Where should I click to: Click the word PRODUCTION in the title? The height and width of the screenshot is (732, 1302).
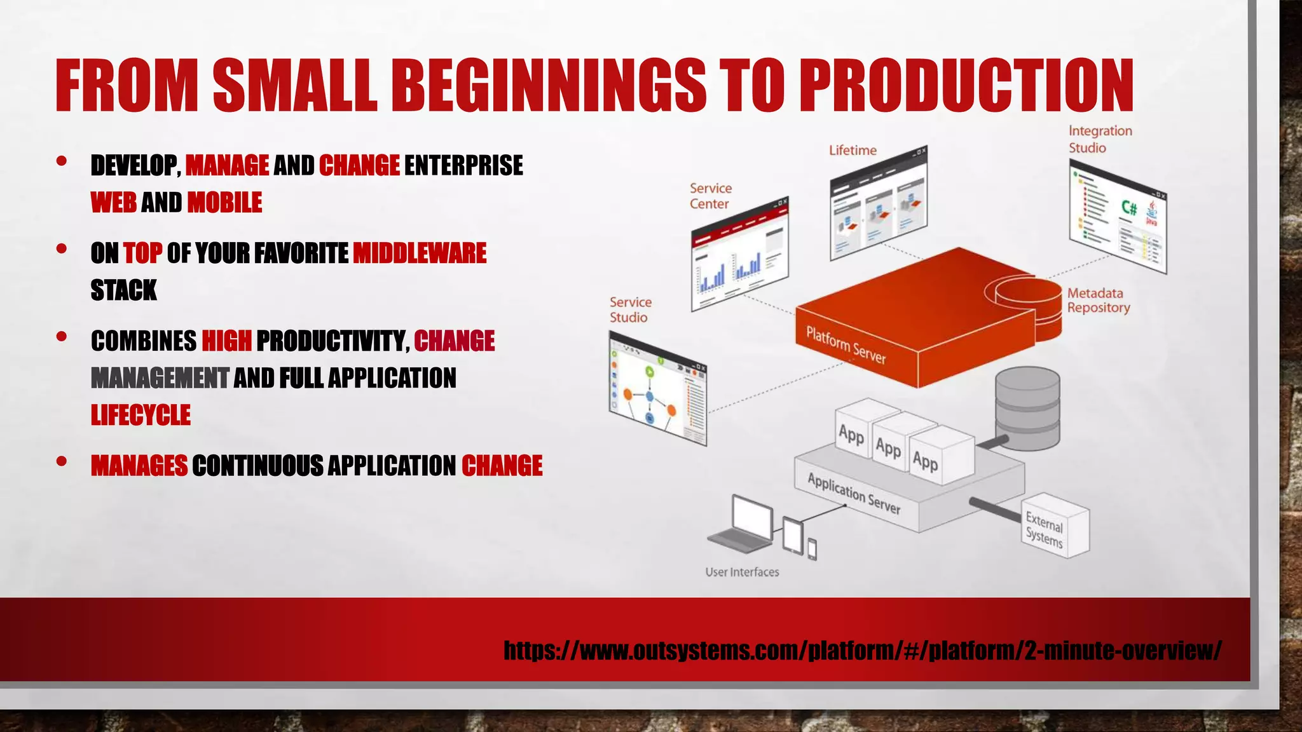(x=966, y=85)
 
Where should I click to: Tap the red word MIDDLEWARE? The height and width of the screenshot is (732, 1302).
(x=420, y=253)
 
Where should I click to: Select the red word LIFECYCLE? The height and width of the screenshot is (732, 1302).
(x=140, y=415)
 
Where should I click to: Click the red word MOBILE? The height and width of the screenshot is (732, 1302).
(x=224, y=203)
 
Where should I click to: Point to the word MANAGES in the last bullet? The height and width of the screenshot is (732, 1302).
(x=139, y=466)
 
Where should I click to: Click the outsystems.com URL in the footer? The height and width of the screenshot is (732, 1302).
(x=862, y=650)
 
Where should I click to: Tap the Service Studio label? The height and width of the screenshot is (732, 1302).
(x=630, y=309)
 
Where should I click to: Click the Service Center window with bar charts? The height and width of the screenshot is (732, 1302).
(x=739, y=254)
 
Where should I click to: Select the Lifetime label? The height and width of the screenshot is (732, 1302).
(x=853, y=151)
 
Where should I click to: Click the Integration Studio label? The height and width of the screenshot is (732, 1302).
(x=1100, y=139)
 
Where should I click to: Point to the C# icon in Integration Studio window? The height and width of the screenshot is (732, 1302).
(x=1128, y=208)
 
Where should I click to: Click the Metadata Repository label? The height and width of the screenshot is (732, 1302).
(x=1099, y=301)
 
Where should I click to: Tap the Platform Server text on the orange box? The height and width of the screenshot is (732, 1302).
(x=846, y=345)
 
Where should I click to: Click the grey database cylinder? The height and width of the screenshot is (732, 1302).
(x=1027, y=408)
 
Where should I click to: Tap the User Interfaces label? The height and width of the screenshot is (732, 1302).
(x=742, y=572)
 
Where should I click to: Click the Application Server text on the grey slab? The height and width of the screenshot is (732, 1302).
(x=854, y=493)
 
